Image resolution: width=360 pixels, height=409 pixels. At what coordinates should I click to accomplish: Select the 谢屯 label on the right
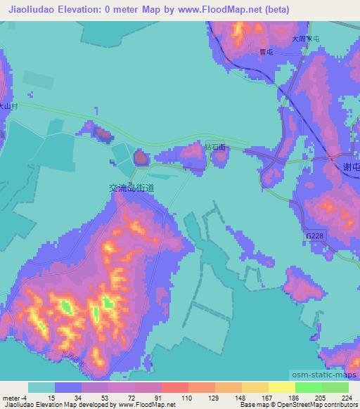(351, 166)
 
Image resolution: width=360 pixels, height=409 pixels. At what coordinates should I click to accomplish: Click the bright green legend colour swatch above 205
(308, 387)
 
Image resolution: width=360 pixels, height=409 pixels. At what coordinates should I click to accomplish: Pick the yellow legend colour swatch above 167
(255, 387)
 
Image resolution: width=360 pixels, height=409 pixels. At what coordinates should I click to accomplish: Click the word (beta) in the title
(276, 9)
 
